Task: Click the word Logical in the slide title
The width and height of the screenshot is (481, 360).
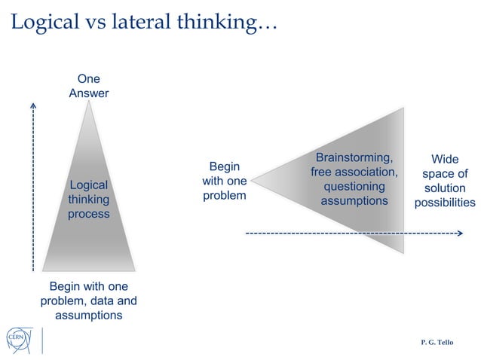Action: [43, 23]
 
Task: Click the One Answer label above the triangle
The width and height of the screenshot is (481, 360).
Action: [88, 86]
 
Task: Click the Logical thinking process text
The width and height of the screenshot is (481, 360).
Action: [89, 200]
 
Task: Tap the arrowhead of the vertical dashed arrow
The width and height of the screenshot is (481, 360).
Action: [34, 105]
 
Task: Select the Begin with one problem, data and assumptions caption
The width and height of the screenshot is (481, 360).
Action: [88, 301]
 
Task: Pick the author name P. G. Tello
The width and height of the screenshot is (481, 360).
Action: [437, 342]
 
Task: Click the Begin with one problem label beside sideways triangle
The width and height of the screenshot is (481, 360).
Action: [224, 181]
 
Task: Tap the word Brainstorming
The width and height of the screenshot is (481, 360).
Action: [354, 157]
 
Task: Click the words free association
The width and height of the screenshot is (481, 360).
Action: [354, 172]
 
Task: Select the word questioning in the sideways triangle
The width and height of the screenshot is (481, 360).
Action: [354, 186]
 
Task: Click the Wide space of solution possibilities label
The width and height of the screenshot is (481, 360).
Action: [444, 181]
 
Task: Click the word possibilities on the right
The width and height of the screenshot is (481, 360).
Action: [444, 203]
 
